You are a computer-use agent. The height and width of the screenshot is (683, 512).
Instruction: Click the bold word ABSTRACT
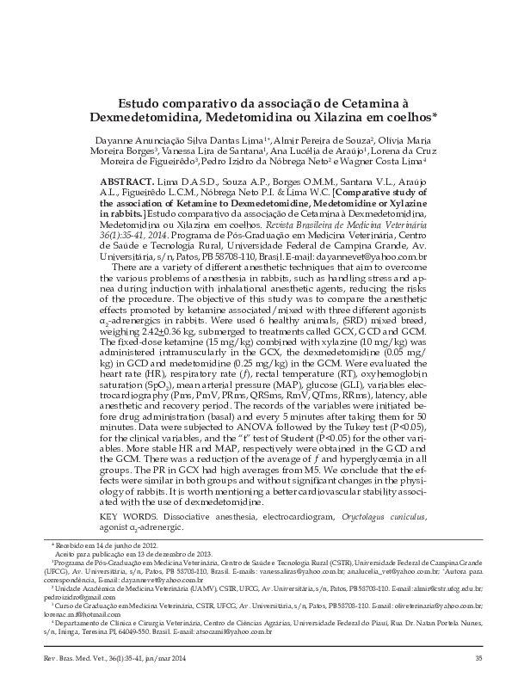[x=128, y=183]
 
